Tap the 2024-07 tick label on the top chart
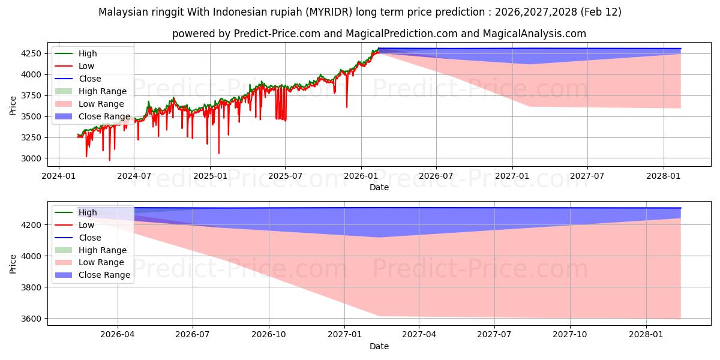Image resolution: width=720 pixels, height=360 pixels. pyautogui.click(x=133, y=176)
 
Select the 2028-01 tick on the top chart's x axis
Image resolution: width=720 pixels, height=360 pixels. pyautogui.click(x=664, y=176)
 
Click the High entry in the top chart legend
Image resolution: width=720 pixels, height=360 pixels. pyautogui.click(x=88, y=53)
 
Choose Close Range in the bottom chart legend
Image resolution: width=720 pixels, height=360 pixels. pyautogui.click(x=104, y=275)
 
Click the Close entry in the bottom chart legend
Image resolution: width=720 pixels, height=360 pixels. pyautogui.click(x=90, y=238)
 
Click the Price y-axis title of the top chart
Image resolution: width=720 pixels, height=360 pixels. pyautogui.click(x=13, y=106)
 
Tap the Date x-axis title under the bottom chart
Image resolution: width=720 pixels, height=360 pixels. pyautogui.click(x=379, y=346)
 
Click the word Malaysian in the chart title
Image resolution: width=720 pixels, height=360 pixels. pyautogui.click(x=124, y=12)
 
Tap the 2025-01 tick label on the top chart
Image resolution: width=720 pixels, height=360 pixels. pyautogui.click(x=209, y=176)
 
